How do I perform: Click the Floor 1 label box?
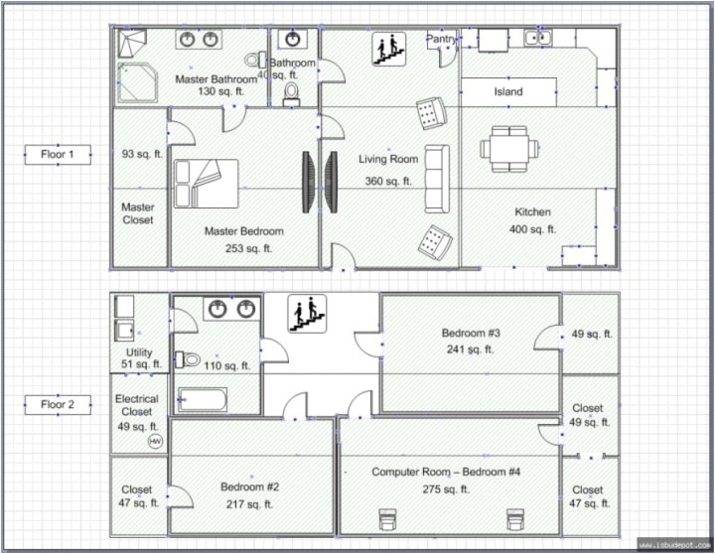coord(58,154)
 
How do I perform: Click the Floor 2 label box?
coord(58,404)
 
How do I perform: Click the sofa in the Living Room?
coord(436,179)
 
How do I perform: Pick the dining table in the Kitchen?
coord(509,149)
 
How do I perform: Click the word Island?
coord(508,92)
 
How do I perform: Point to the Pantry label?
coord(441,39)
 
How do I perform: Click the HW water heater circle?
coord(155,440)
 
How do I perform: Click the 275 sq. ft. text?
coord(446,488)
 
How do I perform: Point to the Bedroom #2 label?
coord(249,486)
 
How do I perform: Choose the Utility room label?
coord(139,352)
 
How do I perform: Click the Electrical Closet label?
coord(137,405)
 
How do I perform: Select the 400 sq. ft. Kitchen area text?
coord(532,229)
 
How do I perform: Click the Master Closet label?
coord(138,213)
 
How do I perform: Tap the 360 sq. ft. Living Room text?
coord(387,181)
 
